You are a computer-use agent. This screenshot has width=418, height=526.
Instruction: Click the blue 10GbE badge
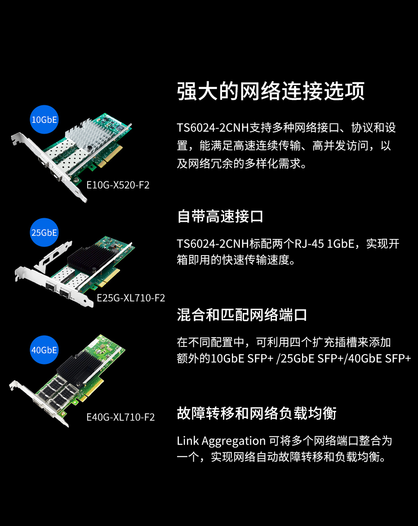44,119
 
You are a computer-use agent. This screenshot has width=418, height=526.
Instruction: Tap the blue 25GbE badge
44,233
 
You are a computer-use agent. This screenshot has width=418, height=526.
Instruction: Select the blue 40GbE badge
44,350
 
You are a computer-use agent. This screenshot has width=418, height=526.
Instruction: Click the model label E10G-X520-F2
118,185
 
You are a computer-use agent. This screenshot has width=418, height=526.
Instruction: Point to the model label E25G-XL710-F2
131,298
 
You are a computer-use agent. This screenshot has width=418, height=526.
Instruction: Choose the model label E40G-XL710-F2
120,417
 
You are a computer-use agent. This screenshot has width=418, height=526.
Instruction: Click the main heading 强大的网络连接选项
271,91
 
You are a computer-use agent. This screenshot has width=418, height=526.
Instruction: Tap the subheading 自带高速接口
220,216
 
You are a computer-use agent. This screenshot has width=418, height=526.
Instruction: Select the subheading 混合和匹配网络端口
242,315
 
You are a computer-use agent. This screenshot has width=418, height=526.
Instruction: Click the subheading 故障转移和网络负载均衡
257,413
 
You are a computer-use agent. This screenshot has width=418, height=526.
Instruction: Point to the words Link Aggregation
221,441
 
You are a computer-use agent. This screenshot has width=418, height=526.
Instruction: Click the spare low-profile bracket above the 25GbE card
53,256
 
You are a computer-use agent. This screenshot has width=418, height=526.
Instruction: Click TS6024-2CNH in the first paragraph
213,128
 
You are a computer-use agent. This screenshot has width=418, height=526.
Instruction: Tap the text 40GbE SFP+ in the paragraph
379,359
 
